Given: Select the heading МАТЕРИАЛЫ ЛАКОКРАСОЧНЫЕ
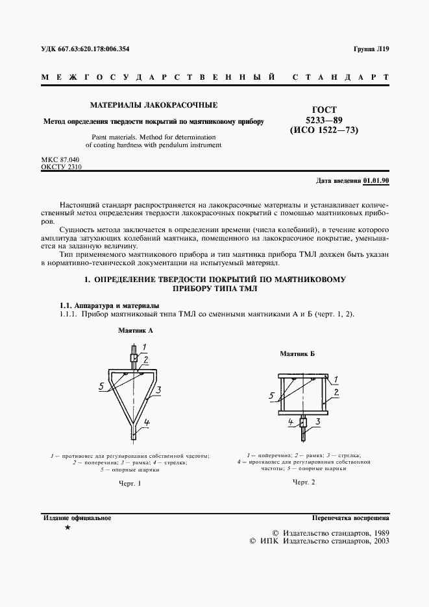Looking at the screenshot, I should pyautogui.click(x=154, y=104).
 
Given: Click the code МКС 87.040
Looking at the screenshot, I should pyautogui.click(x=59, y=159).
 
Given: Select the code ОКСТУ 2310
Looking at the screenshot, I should pyautogui.click(x=62, y=167).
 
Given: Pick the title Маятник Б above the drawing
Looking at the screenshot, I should pyautogui.click(x=297, y=354).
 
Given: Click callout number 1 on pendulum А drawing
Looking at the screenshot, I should pyautogui.click(x=145, y=346).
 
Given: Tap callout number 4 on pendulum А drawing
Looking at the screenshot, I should pyautogui.click(x=147, y=422).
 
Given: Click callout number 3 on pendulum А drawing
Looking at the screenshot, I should pyautogui.click(x=158, y=390).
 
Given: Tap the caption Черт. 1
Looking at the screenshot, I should pyautogui.click(x=130, y=484).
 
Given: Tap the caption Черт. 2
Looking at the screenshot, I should pyautogui.click(x=304, y=482).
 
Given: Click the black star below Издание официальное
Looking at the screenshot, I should pyautogui.click(x=67, y=529).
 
